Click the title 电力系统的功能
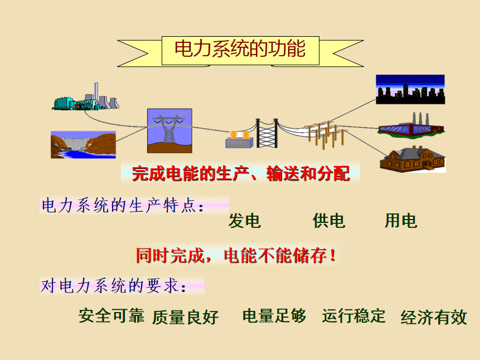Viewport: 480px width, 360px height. (240, 48)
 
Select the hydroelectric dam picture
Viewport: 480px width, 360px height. (83, 145)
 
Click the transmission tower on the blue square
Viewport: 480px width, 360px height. (169, 131)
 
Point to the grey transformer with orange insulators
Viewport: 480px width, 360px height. (239, 139)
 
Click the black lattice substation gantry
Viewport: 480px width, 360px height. (267, 134)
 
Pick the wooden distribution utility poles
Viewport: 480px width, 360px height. (325, 134)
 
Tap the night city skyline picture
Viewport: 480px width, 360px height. (410, 89)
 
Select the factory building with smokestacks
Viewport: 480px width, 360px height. (411, 125)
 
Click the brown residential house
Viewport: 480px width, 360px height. (413, 159)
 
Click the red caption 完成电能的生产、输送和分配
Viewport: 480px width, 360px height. (241, 173)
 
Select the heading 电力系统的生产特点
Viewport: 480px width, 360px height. (119, 206)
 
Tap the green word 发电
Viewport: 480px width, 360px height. (244, 221)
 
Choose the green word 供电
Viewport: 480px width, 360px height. (329, 221)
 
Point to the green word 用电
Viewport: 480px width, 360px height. (401, 221)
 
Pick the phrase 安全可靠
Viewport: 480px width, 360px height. (111, 315)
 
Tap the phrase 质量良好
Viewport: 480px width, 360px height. (185, 317)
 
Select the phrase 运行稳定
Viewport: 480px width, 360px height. (353, 315)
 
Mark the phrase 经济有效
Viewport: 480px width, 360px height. (434, 317)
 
